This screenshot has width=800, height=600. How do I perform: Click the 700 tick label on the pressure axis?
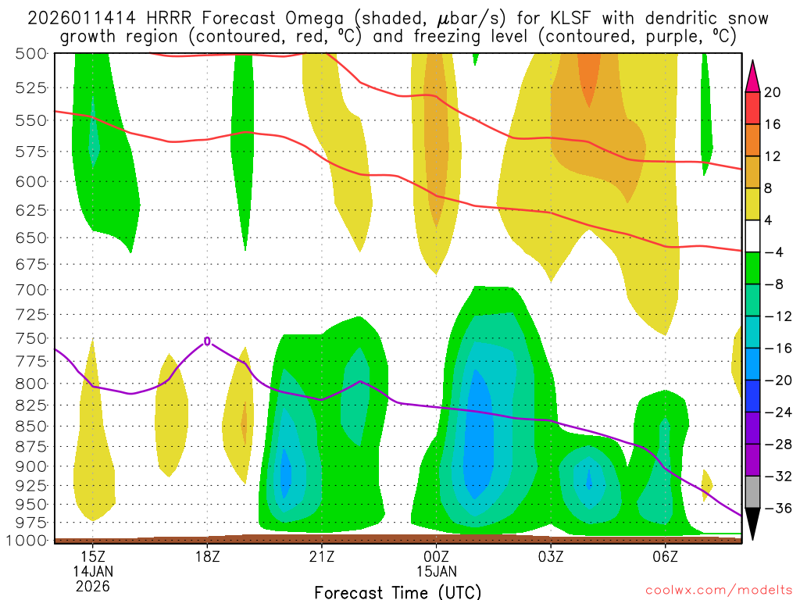coord(30,289)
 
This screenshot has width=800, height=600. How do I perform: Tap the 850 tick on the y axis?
coord(30,426)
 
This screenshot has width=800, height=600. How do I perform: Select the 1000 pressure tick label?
coord(26,540)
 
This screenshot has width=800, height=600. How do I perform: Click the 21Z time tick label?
coord(322,556)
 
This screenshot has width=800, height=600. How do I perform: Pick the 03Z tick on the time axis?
coord(551,556)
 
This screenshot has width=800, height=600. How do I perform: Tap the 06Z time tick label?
coord(665,556)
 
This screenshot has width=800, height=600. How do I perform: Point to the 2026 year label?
coord(93,586)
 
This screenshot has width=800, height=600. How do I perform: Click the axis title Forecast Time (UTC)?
coord(398,591)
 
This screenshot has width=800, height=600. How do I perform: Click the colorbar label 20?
coord(772,92)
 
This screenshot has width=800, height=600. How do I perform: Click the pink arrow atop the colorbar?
coord(753,76)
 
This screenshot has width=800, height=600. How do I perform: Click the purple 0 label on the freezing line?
coord(207,341)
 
